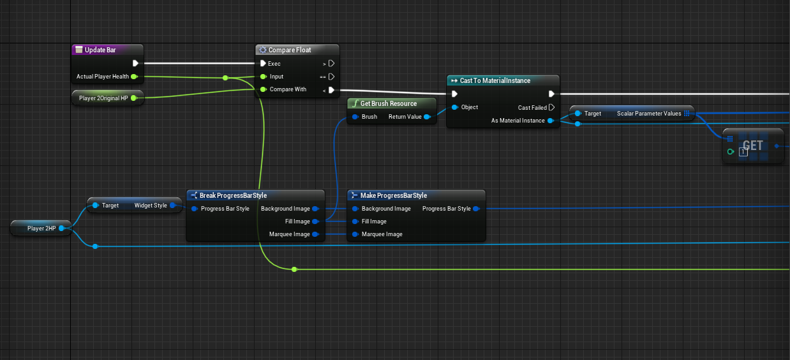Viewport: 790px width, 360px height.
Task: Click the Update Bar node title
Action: (x=100, y=50)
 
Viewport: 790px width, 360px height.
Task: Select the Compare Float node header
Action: (x=290, y=50)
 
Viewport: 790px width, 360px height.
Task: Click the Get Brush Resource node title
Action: (x=388, y=103)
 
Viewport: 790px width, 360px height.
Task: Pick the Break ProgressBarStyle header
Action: (x=233, y=195)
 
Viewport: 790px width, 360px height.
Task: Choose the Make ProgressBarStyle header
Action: (x=393, y=195)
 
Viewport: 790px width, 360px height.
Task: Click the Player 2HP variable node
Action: (x=42, y=228)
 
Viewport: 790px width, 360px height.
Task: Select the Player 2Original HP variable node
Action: (x=103, y=98)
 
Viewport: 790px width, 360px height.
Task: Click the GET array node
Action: (x=753, y=146)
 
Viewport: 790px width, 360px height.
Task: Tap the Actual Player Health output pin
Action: (x=134, y=77)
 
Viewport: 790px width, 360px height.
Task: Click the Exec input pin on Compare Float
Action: (x=263, y=64)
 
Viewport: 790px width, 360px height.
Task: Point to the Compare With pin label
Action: (x=288, y=89)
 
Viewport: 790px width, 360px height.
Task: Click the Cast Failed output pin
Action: (x=551, y=107)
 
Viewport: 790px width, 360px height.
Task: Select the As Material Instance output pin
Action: (x=551, y=120)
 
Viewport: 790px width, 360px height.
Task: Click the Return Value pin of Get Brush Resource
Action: (x=426, y=117)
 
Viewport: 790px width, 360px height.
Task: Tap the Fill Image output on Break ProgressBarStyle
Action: (x=315, y=221)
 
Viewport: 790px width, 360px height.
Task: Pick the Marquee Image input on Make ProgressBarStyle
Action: (x=354, y=234)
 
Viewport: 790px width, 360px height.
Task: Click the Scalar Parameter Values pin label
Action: (x=649, y=113)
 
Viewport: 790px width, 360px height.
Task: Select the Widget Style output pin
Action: (x=173, y=206)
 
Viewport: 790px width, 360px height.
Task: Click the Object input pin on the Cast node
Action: (x=454, y=107)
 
